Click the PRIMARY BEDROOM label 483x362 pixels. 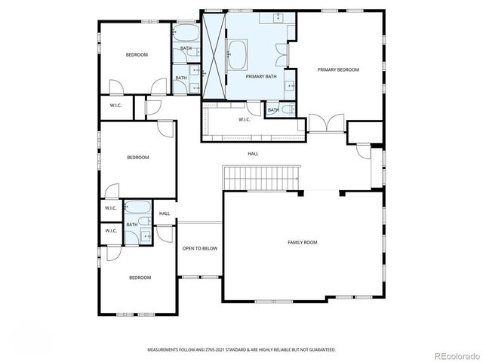pyautogui.click(x=337, y=70)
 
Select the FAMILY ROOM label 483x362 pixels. pyautogui.click(x=302, y=242)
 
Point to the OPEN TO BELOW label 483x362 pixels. pyautogui.click(x=200, y=249)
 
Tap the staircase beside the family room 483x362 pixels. pyautogui.click(x=260, y=179)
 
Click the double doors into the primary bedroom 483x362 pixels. pyautogui.click(x=326, y=123)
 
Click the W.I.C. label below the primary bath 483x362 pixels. pyautogui.click(x=245, y=119)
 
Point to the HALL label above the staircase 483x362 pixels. pyautogui.click(x=253, y=154)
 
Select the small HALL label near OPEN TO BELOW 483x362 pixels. pyautogui.click(x=165, y=213)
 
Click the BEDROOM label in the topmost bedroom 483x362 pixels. pyautogui.click(x=137, y=54)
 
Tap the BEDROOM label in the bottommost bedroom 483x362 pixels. pyautogui.click(x=140, y=278)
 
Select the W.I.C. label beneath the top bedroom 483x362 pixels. pyautogui.click(x=115, y=105)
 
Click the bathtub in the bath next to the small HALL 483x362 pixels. pyautogui.click(x=137, y=208)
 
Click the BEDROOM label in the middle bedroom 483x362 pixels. pyautogui.click(x=137, y=158)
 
